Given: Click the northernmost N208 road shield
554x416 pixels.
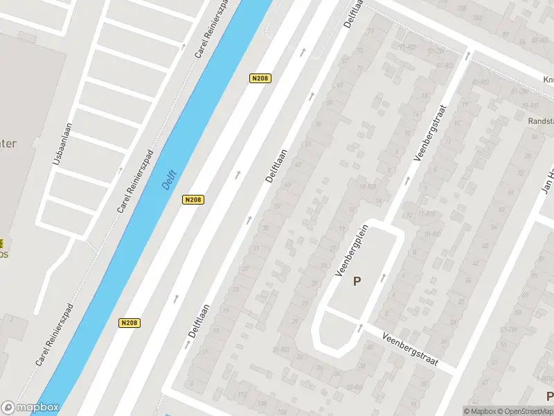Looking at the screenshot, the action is point(259,78).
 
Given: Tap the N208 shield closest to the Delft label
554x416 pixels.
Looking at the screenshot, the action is point(193,200).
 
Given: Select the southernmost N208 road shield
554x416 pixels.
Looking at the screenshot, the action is point(129,323).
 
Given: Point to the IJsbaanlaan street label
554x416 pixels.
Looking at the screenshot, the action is point(58,144).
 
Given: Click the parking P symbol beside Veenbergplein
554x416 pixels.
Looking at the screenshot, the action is point(357,281).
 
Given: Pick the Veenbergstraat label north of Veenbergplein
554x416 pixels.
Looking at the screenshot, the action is point(431,133).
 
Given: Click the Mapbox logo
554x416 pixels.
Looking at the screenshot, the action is point(30,408).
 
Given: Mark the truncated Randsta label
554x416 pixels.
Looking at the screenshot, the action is point(540,121).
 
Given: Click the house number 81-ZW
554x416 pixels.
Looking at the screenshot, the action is point(520,91).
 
